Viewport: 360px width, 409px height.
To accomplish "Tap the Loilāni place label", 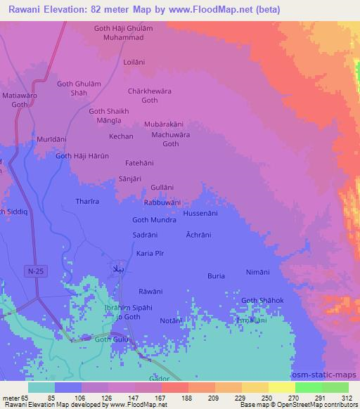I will pos(134,61).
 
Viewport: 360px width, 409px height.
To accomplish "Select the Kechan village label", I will pos(121,136).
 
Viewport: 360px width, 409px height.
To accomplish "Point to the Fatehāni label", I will pos(139,163).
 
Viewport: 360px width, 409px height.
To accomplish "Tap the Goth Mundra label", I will pos(154,219).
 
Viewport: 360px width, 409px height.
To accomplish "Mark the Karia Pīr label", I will pos(149,252).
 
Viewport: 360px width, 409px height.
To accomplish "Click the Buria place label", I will pos(216,276).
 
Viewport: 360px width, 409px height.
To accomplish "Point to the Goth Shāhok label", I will pos(262,301).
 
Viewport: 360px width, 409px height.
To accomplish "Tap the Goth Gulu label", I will pos(112,339).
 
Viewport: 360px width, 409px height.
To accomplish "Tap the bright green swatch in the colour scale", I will pos(309,387).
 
